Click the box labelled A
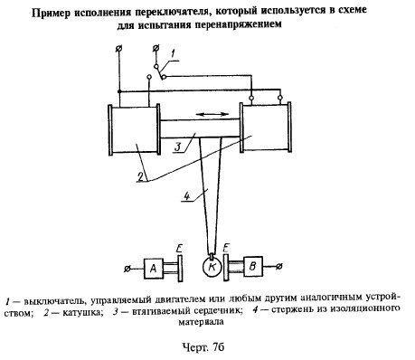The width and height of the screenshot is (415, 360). (x=154, y=268)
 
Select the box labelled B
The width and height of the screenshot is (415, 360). (x=253, y=267)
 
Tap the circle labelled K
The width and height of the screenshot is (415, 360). (x=212, y=267)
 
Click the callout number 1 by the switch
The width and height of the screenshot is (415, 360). (x=173, y=54)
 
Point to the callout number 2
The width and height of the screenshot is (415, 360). (x=140, y=176)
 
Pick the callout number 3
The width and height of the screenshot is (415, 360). (x=178, y=147)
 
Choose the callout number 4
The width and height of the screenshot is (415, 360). (x=187, y=196)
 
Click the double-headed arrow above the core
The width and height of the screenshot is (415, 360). (x=212, y=114)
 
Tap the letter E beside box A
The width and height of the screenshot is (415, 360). (x=179, y=249)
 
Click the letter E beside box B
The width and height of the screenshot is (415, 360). (x=225, y=249)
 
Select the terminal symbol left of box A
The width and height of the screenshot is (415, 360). (x=127, y=268)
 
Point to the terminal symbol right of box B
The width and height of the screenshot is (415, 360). (x=279, y=266)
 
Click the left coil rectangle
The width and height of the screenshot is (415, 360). (x=134, y=130)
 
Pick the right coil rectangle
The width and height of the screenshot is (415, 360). (x=266, y=127)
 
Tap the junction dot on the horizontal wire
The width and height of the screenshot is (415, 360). (x=119, y=91)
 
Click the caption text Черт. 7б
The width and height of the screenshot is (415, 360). (x=203, y=347)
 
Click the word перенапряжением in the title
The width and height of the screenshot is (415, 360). (x=238, y=24)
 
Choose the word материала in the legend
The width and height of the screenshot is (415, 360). (x=201, y=322)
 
